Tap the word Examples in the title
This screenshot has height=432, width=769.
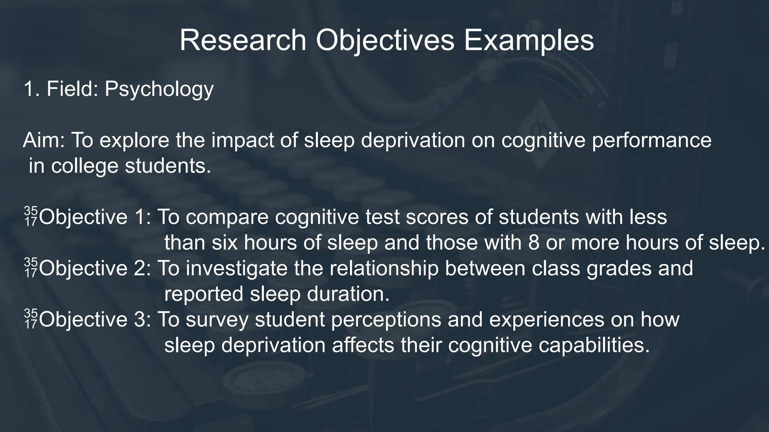[529, 40]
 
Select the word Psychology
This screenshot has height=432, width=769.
[159, 90]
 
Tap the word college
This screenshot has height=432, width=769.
[84, 166]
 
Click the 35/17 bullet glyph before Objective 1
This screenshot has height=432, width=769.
[31, 217]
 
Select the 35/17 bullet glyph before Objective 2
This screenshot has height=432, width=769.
[31, 268]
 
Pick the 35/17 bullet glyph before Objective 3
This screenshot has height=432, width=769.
[31, 319]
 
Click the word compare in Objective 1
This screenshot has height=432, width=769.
[227, 217]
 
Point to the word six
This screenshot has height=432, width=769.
[225, 243]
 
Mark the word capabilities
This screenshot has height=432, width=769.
[594, 345]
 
